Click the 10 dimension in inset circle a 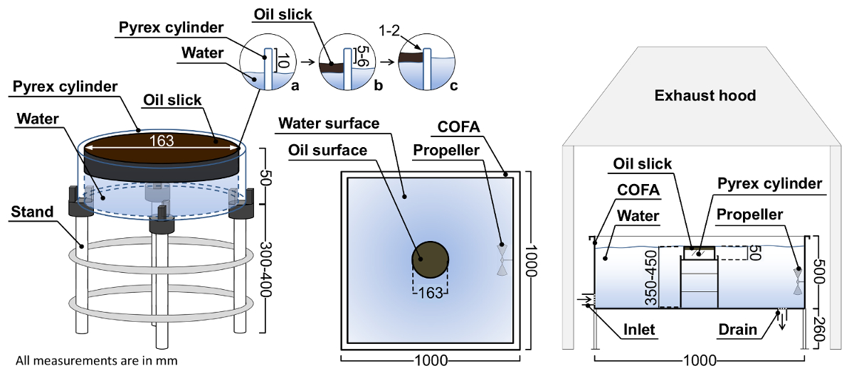(283, 63)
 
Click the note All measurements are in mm (96, 361)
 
